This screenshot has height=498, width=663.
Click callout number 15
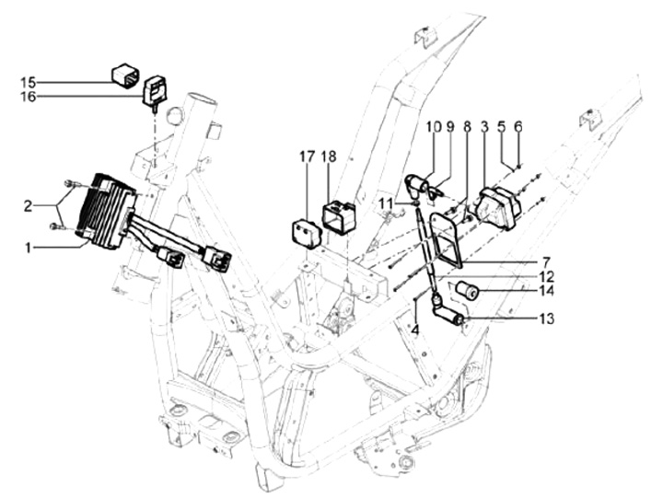point(29,82)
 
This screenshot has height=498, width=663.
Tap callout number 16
point(29,96)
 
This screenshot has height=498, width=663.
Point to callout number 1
point(31,248)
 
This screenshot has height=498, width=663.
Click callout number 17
point(306,157)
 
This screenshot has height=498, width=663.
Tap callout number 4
point(416,324)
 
